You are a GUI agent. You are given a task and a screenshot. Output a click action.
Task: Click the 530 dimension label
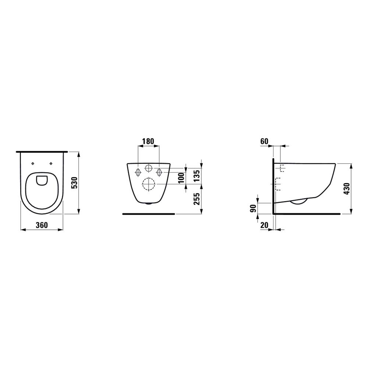tap(74, 183)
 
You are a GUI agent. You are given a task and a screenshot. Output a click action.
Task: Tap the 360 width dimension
tap(42, 225)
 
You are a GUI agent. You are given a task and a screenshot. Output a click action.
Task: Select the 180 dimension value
tap(148, 141)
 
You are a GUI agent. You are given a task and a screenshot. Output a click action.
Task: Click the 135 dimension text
tap(197, 176)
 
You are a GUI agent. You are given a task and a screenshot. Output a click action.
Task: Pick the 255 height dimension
tap(197, 199)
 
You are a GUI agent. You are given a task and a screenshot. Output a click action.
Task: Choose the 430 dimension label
tap(346, 189)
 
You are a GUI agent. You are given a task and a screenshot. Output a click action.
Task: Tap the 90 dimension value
tap(253, 208)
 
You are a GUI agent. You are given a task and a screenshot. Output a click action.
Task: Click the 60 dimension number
tap(264, 141)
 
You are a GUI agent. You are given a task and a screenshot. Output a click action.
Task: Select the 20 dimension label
tap(264, 225)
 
